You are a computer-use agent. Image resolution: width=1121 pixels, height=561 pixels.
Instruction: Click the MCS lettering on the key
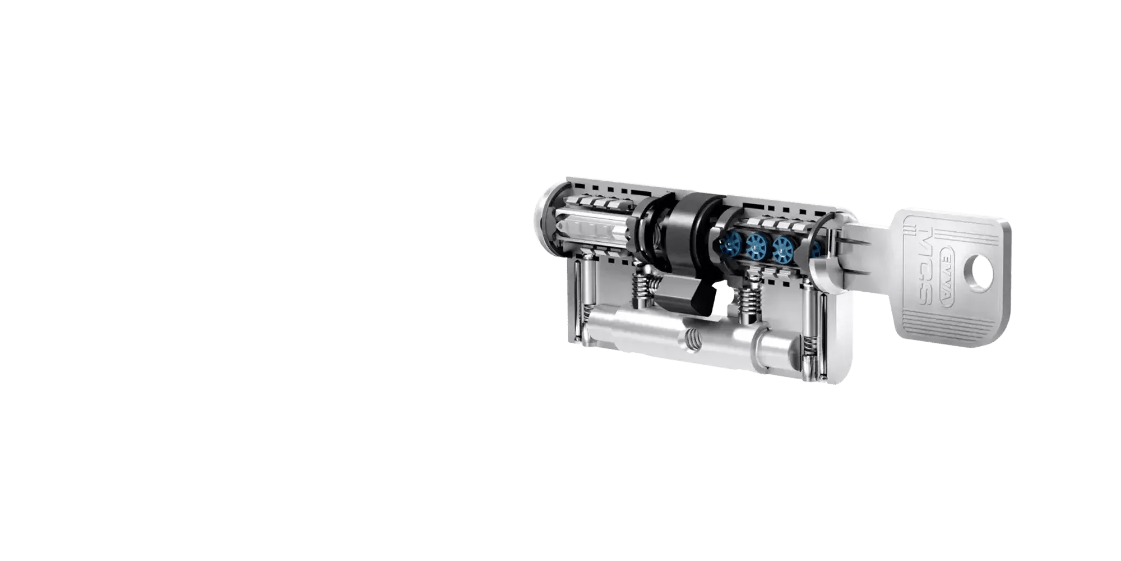[925, 273]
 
